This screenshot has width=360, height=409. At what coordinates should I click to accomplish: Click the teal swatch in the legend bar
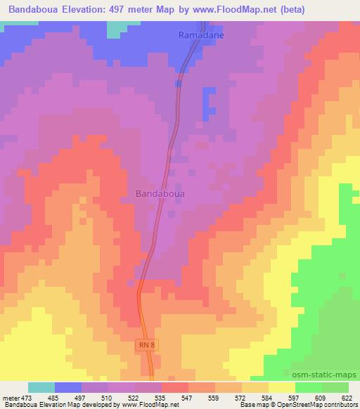click(x=41, y=387)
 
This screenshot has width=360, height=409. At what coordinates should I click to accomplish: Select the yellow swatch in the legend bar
click(x=282, y=387)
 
